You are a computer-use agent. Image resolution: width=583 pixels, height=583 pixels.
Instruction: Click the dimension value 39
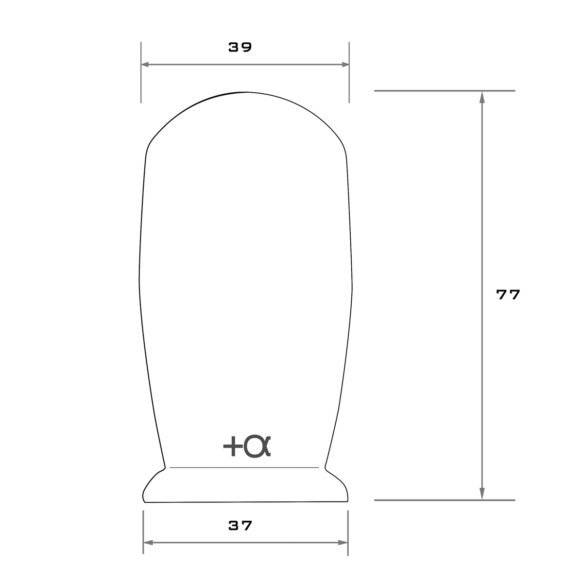pyautogui.click(x=240, y=47)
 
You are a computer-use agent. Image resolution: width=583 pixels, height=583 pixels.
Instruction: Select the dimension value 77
pyautogui.click(x=508, y=294)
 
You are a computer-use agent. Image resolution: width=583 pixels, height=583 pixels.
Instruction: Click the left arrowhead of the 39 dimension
pyautogui.click(x=145, y=65)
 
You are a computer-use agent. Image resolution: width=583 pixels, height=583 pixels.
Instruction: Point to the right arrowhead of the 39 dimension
pyautogui.click(x=345, y=65)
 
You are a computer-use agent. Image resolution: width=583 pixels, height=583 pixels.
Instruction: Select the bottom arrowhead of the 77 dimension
pyautogui.click(x=482, y=494)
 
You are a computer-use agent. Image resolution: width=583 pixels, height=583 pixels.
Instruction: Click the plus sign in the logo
pyautogui.click(x=233, y=446)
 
